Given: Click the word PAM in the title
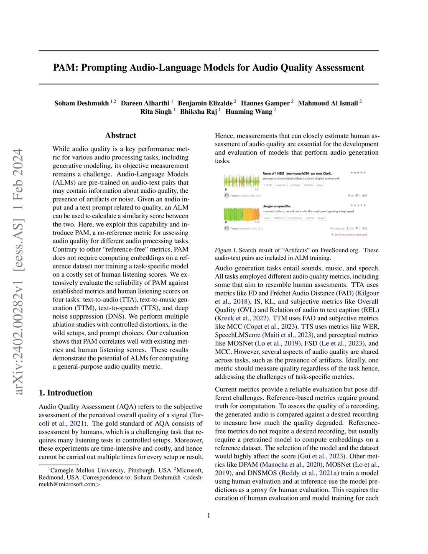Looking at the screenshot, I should [65, 68].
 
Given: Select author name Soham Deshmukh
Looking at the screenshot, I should [82, 103].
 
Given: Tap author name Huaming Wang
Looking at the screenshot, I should [249, 112].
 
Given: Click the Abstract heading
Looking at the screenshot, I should [120, 135].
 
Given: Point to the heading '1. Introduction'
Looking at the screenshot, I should [66, 393].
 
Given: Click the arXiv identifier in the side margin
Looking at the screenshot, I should [18, 272].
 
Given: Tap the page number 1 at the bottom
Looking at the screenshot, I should [209, 516].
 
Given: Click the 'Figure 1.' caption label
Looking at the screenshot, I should [226, 250].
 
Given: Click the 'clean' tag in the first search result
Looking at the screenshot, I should [320, 185].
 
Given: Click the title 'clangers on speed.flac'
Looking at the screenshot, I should [277, 206].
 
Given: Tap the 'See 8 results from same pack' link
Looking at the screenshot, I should [351, 235].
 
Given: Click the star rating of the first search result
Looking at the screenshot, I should [358, 173].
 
